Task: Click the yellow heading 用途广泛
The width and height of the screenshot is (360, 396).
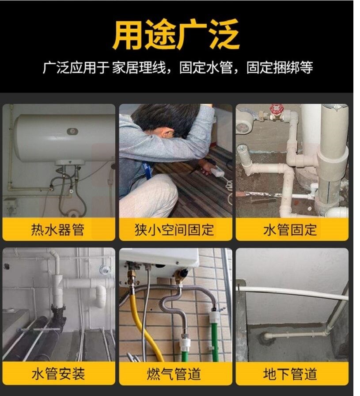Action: click(x=176, y=34)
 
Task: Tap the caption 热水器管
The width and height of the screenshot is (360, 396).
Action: click(x=57, y=229)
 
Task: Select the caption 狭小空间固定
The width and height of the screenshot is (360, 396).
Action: click(x=174, y=229)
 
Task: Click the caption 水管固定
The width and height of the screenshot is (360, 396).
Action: click(x=290, y=229)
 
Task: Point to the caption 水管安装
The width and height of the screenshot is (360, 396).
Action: click(x=58, y=374)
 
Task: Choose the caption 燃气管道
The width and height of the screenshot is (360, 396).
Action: click(x=174, y=374)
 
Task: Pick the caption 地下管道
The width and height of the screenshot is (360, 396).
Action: click(x=290, y=374)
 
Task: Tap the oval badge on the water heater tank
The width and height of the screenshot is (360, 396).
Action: click(x=72, y=131)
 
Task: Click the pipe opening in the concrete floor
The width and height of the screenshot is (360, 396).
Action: click(x=265, y=337)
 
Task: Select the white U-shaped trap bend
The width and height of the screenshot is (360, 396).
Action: click(x=101, y=296)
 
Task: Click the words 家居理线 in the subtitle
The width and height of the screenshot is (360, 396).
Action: click(x=139, y=68)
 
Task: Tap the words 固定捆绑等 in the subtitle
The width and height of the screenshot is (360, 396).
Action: click(x=280, y=68)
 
